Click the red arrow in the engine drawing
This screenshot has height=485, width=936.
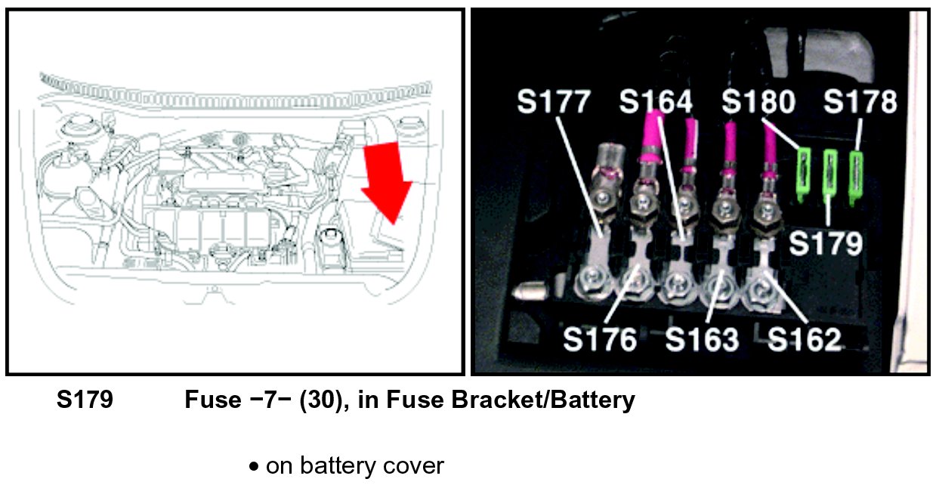coord(386,181)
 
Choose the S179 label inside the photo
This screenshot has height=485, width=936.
coord(826,243)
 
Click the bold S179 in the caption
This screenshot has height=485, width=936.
coord(85,400)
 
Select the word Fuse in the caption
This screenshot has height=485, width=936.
coord(212,400)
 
